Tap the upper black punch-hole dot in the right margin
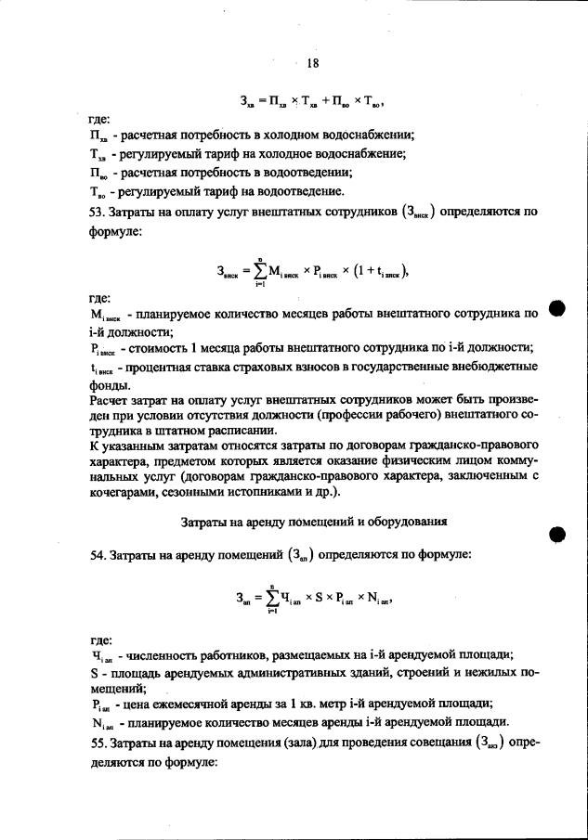556,309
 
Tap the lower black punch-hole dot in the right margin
556,533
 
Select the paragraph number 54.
85,555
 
